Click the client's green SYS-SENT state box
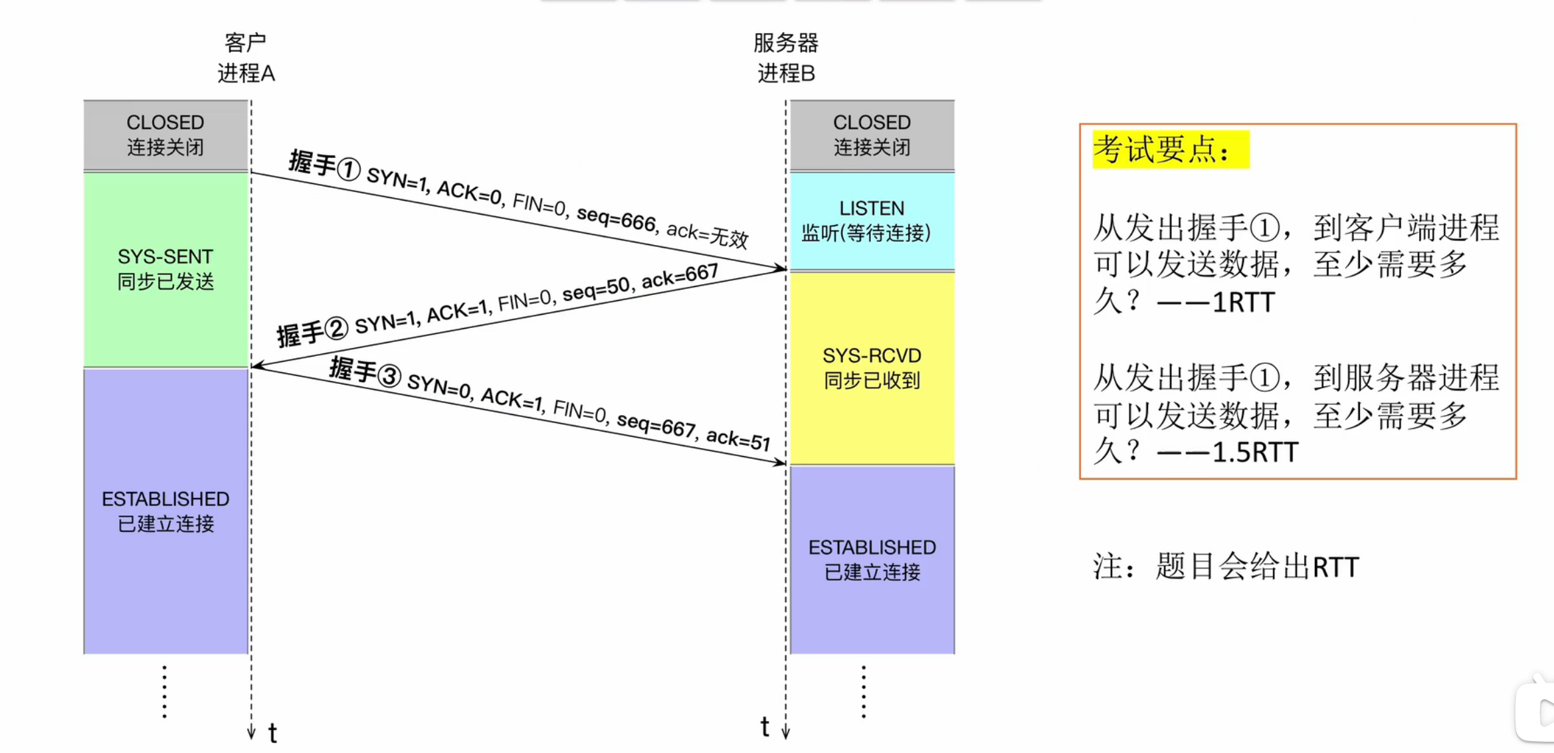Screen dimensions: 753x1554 165,269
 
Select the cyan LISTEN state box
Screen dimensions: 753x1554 872,221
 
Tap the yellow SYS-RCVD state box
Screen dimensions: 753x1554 872,368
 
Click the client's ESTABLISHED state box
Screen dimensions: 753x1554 165,511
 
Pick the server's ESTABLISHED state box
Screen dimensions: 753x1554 872,559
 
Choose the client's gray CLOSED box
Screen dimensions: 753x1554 165,135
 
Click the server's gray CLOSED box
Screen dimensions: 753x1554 872,135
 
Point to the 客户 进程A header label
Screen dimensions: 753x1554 246,58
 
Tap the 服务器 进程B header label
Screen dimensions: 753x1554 786,58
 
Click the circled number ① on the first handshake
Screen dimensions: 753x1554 349,169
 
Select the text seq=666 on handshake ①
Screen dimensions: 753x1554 617,218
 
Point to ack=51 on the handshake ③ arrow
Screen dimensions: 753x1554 737,439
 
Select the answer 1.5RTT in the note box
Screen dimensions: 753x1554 1254,453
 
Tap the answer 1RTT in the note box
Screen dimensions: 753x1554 1243,303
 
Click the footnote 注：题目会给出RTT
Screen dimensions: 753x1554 1226,567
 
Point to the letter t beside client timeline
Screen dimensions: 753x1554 272,734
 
